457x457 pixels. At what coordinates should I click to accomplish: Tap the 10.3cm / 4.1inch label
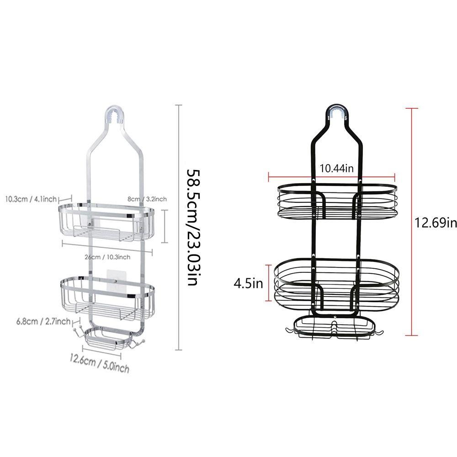31,199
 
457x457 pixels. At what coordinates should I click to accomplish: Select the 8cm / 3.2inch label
147,199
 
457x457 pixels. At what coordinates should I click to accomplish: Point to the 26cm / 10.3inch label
107,257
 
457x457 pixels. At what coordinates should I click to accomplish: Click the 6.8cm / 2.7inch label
43,321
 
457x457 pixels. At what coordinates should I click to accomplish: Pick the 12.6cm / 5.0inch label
99,364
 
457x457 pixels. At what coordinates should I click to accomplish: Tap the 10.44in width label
337,168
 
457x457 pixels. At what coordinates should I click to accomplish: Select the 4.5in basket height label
248,283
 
